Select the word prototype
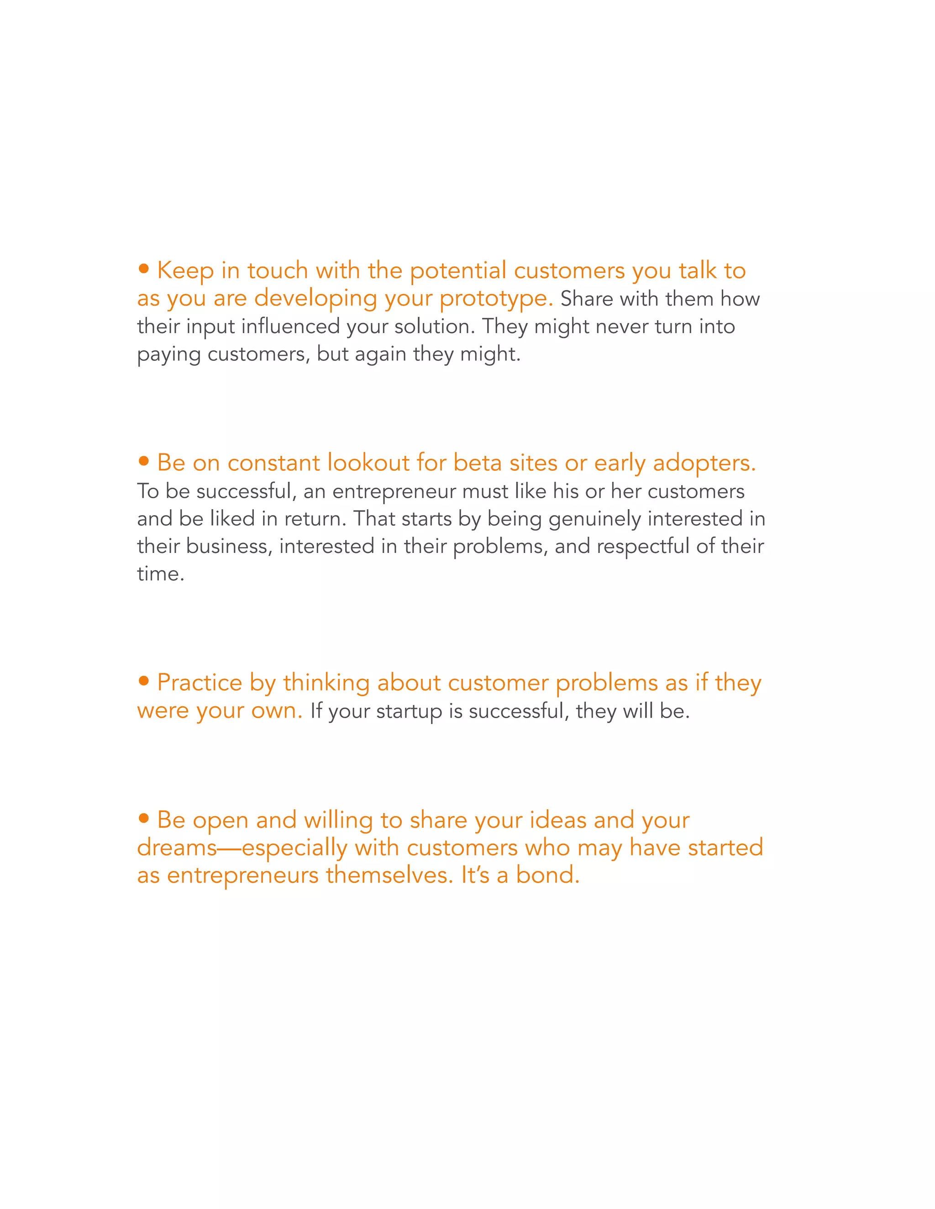[x=496, y=299]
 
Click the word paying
[x=168, y=355]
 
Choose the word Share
[x=586, y=299]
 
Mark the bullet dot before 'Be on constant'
[x=144, y=461]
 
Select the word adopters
[x=704, y=464]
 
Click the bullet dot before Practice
[x=144, y=681]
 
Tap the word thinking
[x=326, y=683]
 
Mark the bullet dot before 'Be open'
[x=144, y=818]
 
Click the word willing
[x=338, y=820]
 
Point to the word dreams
[x=177, y=848]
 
